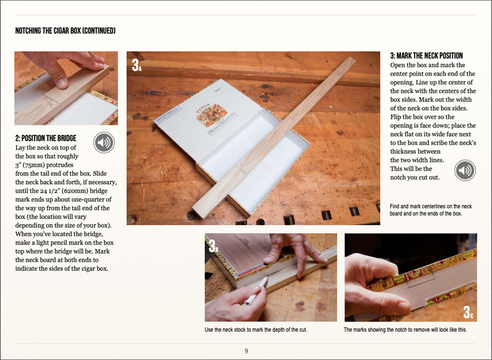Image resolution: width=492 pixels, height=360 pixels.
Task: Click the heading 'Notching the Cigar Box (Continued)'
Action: pyautogui.click(x=65, y=30)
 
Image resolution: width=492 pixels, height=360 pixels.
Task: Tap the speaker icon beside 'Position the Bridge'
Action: pyautogui.click(x=104, y=143)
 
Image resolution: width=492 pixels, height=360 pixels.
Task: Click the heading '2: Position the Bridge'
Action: pyautogui.click(x=46, y=138)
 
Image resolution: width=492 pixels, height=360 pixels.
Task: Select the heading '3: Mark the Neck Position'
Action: pyautogui.click(x=426, y=55)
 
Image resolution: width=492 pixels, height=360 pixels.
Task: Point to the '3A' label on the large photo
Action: pyautogui.click(x=137, y=65)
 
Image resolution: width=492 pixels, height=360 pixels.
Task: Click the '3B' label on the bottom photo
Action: pyautogui.click(x=213, y=246)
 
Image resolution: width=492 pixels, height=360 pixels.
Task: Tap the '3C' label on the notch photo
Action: pyautogui.click(x=468, y=312)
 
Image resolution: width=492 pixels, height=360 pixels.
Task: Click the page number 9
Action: pyautogui.click(x=247, y=351)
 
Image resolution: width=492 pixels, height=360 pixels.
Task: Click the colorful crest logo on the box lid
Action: pyautogui.click(x=212, y=115)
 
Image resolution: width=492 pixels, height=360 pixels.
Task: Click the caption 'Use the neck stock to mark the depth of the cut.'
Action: pyautogui.click(x=256, y=330)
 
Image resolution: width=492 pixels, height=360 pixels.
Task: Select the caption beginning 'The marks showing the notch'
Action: pyautogui.click(x=405, y=330)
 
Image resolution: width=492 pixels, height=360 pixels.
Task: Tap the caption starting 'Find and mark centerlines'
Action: pyautogui.click(x=431, y=210)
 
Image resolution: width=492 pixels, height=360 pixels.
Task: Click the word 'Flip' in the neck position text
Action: pyautogui.click(x=396, y=117)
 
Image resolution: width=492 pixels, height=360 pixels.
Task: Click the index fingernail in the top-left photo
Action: pyautogui.click(x=61, y=83)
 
